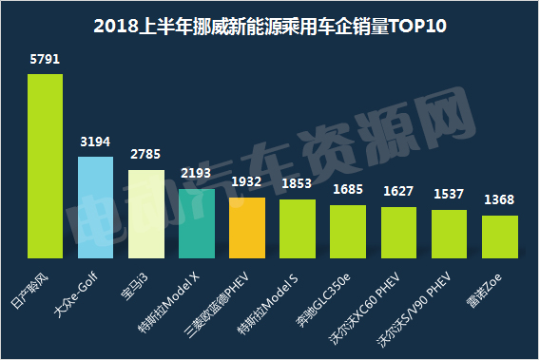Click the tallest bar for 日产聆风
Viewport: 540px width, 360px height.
(x=45, y=166)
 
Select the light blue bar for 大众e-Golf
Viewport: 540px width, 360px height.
(x=95, y=208)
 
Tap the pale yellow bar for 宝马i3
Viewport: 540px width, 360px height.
(x=145, y=214)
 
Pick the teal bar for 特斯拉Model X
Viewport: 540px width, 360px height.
(x=196, y=223)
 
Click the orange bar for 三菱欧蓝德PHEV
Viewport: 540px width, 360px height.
(x=247, y=228)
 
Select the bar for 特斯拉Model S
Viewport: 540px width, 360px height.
(x=298, y=229)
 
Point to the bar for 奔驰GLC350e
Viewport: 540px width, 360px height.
(x=348, y=232)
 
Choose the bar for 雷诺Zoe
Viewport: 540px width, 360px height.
(x=500, y=237)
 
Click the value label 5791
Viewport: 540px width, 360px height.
(x=45, y=60)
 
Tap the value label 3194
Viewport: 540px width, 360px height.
(x=95, y=142)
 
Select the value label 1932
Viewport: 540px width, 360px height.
(x=247, y=182)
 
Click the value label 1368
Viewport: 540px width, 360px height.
(x=500, y=199)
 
